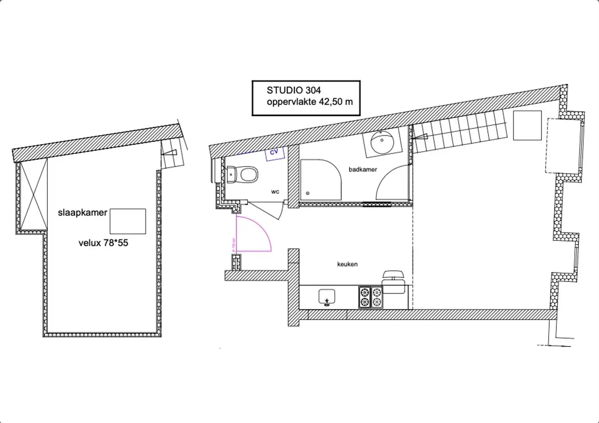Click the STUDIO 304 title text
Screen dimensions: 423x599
click(294, 90)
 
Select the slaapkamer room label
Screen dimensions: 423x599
click(82, 213)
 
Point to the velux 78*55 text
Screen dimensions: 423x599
click(103, 243)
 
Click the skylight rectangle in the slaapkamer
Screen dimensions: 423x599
click(128, 221)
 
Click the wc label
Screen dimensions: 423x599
click(275, 192)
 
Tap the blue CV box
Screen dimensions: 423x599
click(275, 153)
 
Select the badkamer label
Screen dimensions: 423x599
click(363, 169)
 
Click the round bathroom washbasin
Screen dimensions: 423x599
click(382, 142)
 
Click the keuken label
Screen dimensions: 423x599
click(347, 264)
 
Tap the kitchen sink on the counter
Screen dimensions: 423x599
click(327, 297)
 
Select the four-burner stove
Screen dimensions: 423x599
click(371, 297)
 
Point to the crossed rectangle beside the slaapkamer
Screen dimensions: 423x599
click(33, 194)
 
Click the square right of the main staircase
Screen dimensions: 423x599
click(527, 125)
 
